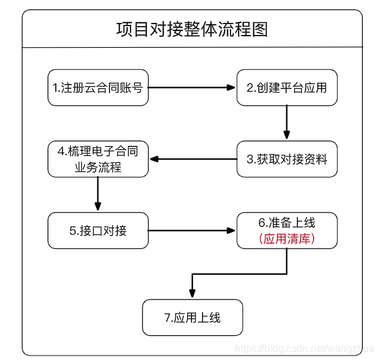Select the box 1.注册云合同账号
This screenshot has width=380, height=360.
(x=99, y=87)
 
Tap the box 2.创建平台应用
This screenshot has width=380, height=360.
(x=286, y=87)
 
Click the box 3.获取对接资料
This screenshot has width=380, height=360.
(x=286, y=160)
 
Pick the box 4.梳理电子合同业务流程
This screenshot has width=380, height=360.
(x=99, y=159)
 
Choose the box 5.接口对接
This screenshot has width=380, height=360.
(x=99, y=230)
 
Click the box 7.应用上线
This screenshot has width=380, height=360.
(x=192, y=317)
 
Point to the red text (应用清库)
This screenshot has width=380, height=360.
(x=286, y=239)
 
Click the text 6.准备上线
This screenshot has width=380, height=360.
(x=286, y=223)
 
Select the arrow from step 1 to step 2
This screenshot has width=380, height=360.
(x=191, y=87)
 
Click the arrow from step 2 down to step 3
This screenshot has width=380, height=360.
(x=286, y=121)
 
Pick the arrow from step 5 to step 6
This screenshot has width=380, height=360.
(x=191, y=231)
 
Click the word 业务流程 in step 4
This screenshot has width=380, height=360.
(x=99, y=167)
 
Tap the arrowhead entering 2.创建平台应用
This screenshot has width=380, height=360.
(x=232, y=87)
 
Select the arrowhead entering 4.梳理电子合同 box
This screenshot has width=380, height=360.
(x=153, y=159)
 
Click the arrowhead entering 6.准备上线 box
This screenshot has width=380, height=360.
(x=232, y=231)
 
